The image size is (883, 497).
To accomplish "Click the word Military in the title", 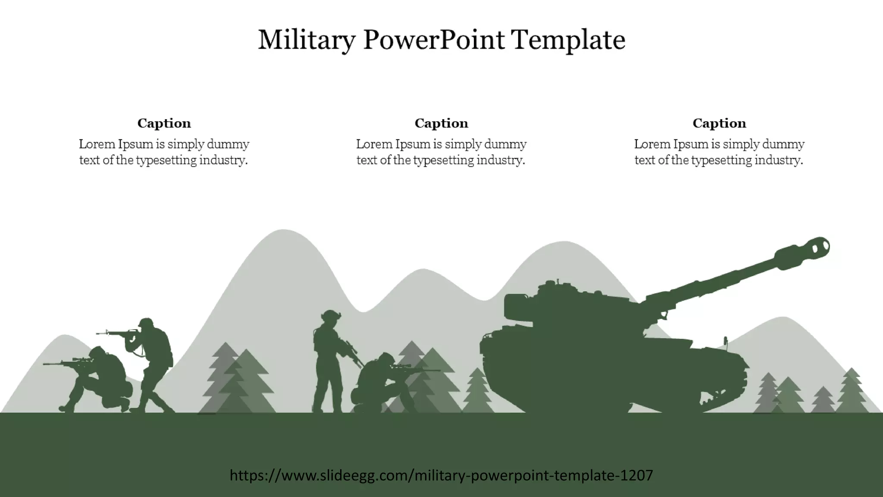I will [307, 40].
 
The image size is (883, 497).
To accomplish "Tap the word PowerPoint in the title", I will [433, 40].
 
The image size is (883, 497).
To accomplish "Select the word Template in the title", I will [568, 40].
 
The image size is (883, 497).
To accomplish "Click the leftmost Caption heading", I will [164, 123].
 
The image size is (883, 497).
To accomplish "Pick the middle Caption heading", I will [441, 123].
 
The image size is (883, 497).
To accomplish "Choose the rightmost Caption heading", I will [719, 123].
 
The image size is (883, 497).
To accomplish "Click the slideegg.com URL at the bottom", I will [441, 475].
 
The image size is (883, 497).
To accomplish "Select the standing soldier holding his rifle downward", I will [329, 362].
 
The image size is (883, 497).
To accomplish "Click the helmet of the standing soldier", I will [331, 315].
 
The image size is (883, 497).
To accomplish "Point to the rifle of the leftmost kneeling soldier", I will [65, 363].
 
